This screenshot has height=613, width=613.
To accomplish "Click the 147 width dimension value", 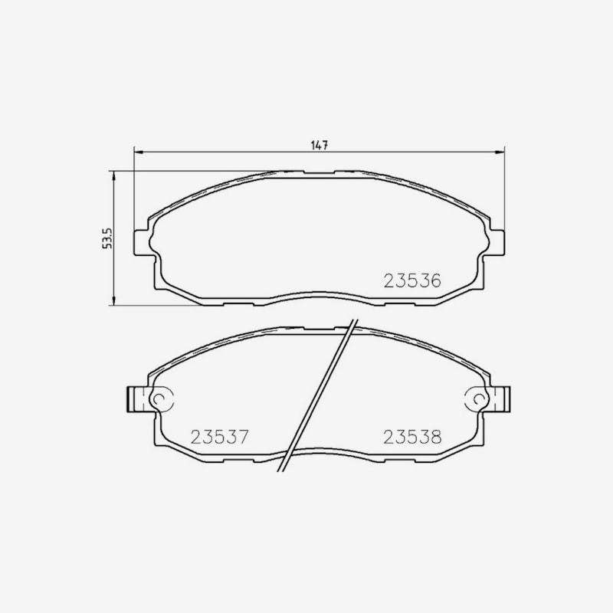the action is click(319, 145).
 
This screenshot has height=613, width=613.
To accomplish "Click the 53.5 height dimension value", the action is click(107, 238).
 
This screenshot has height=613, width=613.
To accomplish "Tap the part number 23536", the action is click(412, 280).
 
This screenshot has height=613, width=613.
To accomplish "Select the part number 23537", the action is click(219, 437).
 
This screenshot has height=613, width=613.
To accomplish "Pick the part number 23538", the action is click(412, 437).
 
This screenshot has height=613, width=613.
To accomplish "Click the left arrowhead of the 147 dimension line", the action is click(139, 152).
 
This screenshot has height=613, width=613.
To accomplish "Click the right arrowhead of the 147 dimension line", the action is click(500, 152).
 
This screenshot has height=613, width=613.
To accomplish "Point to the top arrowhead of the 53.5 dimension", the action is click(113, 175).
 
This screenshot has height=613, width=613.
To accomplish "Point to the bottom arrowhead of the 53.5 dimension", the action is click(113, 300).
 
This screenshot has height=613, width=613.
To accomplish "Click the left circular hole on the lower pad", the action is click(160, 398).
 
